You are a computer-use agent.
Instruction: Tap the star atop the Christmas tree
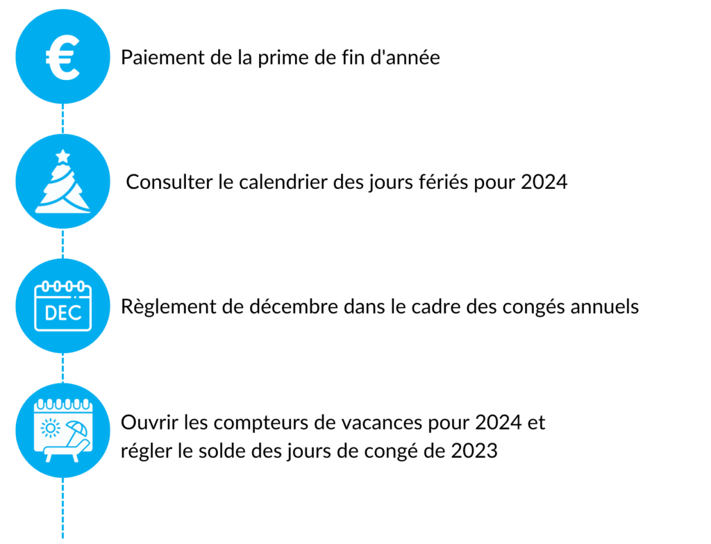click(x=63, y=156)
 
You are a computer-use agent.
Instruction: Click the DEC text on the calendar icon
click(x=63, y=313)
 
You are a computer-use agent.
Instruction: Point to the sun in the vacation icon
click(x=50, y=428)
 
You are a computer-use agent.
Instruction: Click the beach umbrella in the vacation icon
click(x=76, y=430)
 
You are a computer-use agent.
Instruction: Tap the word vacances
click(x=382, y=423)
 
